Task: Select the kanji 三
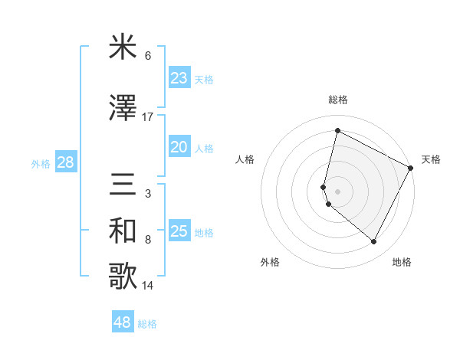click(123, 185)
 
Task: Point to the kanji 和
click(123, 231)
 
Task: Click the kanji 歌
click(123, 277)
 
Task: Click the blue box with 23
click(179, 78)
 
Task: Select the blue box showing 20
click(179, 147)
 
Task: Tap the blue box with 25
click(179, 231)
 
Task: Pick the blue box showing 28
click(65, 162)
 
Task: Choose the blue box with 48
click(123, 322)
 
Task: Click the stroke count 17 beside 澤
click(148, 117)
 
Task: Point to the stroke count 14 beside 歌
click(148, 286)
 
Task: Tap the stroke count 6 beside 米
click(148, 56)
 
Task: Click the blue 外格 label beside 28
click(41, 163)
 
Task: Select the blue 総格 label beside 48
click(147, 324)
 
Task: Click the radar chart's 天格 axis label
click(431, 159)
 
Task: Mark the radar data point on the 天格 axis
click(412, 169)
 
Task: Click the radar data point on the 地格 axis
click(374, 242)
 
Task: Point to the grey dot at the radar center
click(338, 191)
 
